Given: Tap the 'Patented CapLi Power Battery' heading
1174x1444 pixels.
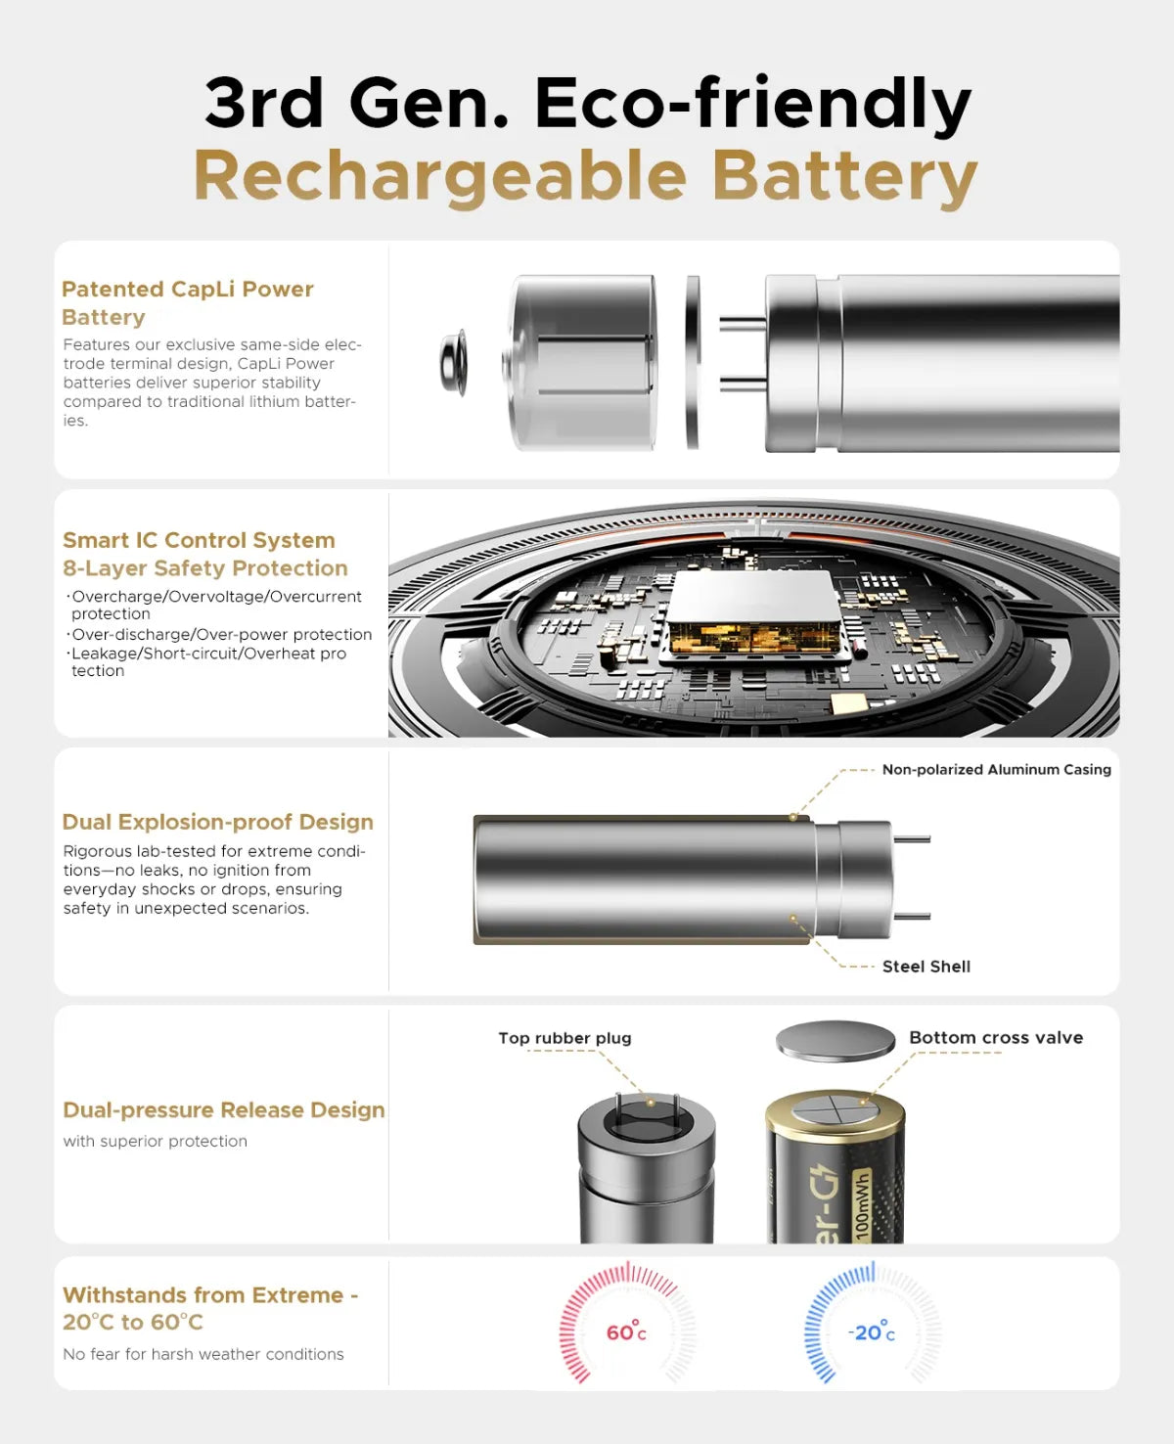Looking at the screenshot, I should (187, 302).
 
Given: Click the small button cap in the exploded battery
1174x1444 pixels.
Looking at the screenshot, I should (454, 364).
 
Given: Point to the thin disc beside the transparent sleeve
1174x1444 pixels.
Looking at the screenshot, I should (693, 363).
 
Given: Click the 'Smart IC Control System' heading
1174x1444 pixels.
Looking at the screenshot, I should (199, 540).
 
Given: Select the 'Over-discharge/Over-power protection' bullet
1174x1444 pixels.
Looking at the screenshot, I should (221, 634).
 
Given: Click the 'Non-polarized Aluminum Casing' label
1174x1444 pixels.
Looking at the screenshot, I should (996, 770).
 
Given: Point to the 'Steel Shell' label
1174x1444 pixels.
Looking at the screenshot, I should (926, 967).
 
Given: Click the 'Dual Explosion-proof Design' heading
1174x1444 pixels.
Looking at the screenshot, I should (217, 822).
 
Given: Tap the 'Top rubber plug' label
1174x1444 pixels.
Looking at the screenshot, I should (564, 1038).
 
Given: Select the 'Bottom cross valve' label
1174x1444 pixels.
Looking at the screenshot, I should (995, 1038).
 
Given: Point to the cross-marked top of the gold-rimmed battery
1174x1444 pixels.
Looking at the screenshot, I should (835, 1113).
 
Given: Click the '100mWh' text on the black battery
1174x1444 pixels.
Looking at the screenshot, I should (862, 1205).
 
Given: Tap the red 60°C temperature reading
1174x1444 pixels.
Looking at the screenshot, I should (626, 1332).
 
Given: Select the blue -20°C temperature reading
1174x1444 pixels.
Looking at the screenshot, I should (871, 1332).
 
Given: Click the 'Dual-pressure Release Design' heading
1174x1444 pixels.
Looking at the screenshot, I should (223, 1109).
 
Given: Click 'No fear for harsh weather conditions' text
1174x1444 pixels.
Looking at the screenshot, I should (203, 1354).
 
